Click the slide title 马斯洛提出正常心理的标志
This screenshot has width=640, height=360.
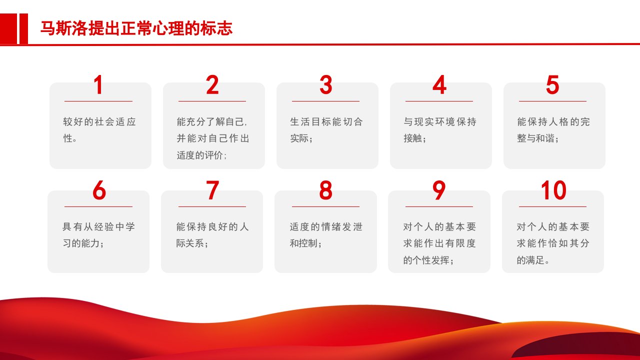click(136, 28)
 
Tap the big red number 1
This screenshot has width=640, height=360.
click(98, 84)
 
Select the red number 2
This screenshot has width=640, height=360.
click(212, 84)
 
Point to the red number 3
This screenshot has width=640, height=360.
click(325, 84)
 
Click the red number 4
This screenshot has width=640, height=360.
click(439, 84)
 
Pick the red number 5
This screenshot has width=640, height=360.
click(552, 84)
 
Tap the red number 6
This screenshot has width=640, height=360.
click(99, 190)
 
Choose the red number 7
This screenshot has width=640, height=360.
click(212, 190)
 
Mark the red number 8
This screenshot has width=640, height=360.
click(325, 190)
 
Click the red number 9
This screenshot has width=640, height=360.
click(439, 190)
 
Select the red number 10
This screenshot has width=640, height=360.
click(553, 190)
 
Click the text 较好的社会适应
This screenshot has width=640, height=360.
click(99, 121)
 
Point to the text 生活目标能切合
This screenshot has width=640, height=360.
click(326, 121)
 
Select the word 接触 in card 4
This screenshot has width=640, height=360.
click(413, 138)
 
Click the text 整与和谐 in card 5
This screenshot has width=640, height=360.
click(535, 138)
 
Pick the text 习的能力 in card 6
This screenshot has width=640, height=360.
click(81, 243)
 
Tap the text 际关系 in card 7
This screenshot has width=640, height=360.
click(190, 243)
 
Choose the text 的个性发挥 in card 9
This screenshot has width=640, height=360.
click(426, 260)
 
